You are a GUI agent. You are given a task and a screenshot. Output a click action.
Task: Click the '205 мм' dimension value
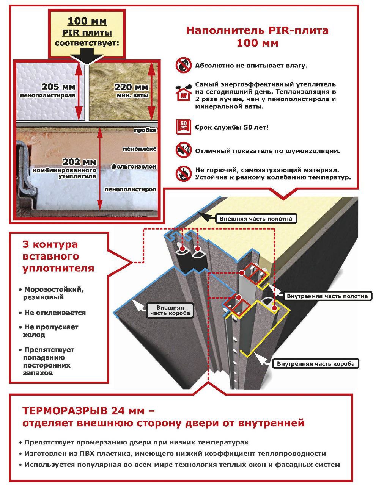(x=58, y=87)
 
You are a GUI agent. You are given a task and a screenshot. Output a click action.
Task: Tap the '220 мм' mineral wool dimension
(x=131, y=87)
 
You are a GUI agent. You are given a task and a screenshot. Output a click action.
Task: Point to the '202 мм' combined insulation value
(x=79, y=162)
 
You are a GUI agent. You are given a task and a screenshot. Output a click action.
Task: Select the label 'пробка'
(x=145, y=130)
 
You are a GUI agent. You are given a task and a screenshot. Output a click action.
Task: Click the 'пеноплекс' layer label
(x=140, y=149)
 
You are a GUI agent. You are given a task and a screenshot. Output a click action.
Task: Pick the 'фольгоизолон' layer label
(x=134, y=166)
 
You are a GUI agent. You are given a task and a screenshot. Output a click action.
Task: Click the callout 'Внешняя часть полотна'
(x=256, y=219)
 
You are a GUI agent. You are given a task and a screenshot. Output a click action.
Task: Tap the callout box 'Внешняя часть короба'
(x=170, y=310)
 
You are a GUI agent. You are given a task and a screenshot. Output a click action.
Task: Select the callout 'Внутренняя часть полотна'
(x=327, y=296)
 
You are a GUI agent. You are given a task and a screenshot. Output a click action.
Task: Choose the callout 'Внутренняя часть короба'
(x=316, y=364)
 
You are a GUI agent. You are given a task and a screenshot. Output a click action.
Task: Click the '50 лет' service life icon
(x=183, y=127)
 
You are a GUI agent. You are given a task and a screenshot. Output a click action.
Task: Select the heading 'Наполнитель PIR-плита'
(x=257, y=30)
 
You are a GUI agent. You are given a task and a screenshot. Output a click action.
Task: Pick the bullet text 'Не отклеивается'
(x=55, y=313)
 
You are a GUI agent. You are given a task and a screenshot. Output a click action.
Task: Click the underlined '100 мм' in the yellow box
(x=87, y=22)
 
